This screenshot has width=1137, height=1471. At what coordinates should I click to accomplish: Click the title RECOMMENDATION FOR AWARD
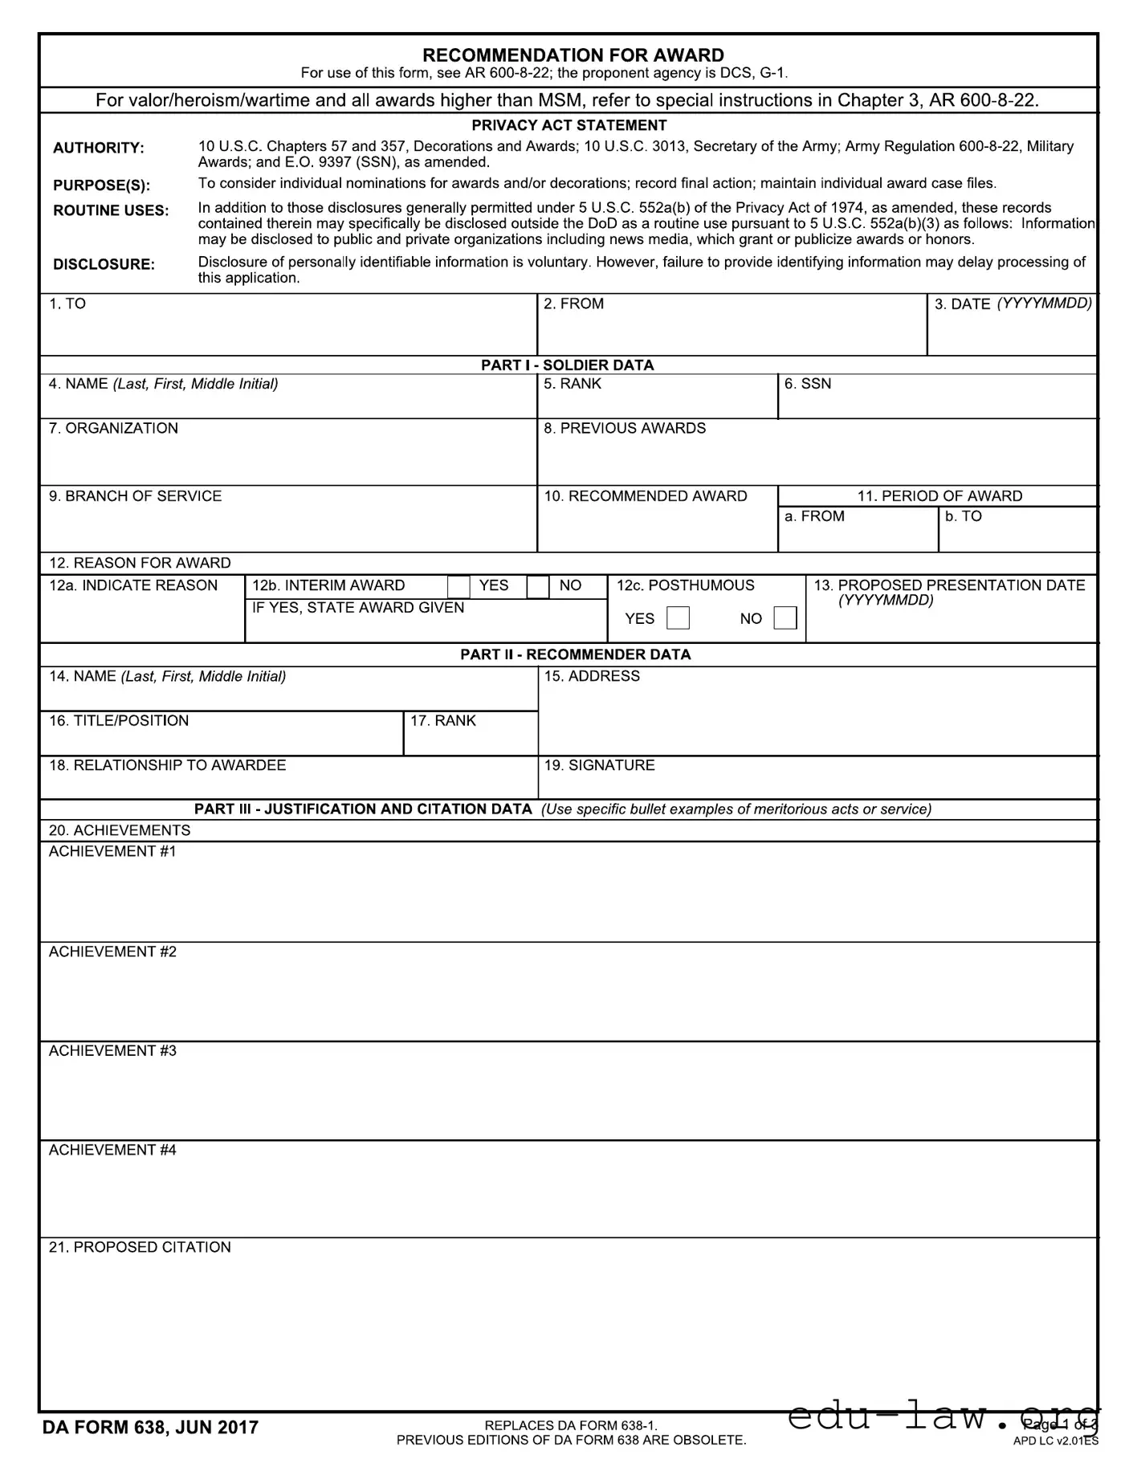[573, 55]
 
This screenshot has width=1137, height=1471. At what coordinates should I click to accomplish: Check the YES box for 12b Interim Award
[458, 587]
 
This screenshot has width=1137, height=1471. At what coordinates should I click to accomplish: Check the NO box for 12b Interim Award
[538, 587]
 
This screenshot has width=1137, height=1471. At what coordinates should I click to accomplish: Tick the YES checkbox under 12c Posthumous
[678, 618]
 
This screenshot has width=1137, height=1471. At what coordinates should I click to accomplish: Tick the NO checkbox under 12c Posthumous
[784, 618]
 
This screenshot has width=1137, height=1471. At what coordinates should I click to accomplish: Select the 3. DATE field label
[1013, 304]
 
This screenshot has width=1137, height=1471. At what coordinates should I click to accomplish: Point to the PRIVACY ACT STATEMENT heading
[568, 125]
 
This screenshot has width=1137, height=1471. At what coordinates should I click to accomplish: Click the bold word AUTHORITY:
[98, 148]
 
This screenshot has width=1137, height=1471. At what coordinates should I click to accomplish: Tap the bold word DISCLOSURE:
[104, 264]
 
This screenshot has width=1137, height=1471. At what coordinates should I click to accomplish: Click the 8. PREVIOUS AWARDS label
[625, 428]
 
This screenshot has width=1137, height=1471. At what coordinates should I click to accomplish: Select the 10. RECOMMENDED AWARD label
[646, 496]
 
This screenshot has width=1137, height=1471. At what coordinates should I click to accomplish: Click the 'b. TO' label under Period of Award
[963, 516]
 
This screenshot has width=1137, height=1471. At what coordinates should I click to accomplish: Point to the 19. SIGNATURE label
[599, 765]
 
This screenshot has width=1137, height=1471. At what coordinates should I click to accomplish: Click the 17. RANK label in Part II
[442, 720]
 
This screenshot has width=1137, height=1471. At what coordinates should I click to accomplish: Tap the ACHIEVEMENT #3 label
[112, 1050]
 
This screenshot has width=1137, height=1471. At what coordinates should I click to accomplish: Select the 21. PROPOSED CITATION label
[140, 1247]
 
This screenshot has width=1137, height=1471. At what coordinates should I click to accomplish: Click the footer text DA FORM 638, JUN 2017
[150, 1427]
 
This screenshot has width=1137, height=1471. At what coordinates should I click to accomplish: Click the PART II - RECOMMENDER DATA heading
[575, 654]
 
